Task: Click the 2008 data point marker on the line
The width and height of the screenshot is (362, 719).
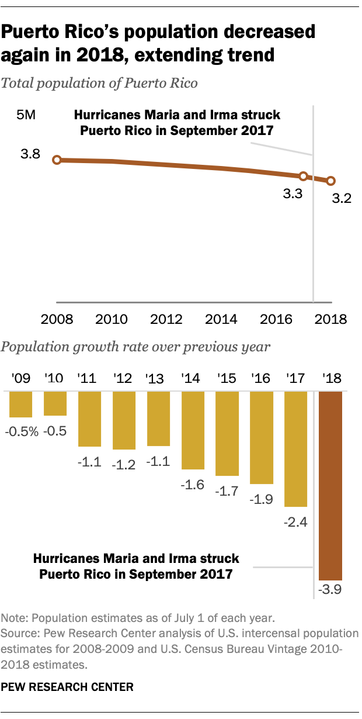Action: (57, 160)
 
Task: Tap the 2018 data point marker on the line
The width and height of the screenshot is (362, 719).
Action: (330, 181)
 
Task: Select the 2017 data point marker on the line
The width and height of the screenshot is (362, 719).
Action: (303, 176)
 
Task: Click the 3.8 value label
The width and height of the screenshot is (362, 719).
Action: (30, 154)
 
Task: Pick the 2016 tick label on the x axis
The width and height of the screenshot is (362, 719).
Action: (277, 320)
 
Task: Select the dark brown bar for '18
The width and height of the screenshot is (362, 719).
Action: (330, 485)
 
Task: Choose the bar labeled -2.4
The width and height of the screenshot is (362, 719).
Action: (296, 448)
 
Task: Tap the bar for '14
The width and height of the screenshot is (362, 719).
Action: (193, 430)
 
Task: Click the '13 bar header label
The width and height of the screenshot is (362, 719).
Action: (158, 378)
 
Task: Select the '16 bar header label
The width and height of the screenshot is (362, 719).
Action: (262, 378)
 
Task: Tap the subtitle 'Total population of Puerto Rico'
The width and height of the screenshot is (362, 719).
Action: (100, 83)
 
